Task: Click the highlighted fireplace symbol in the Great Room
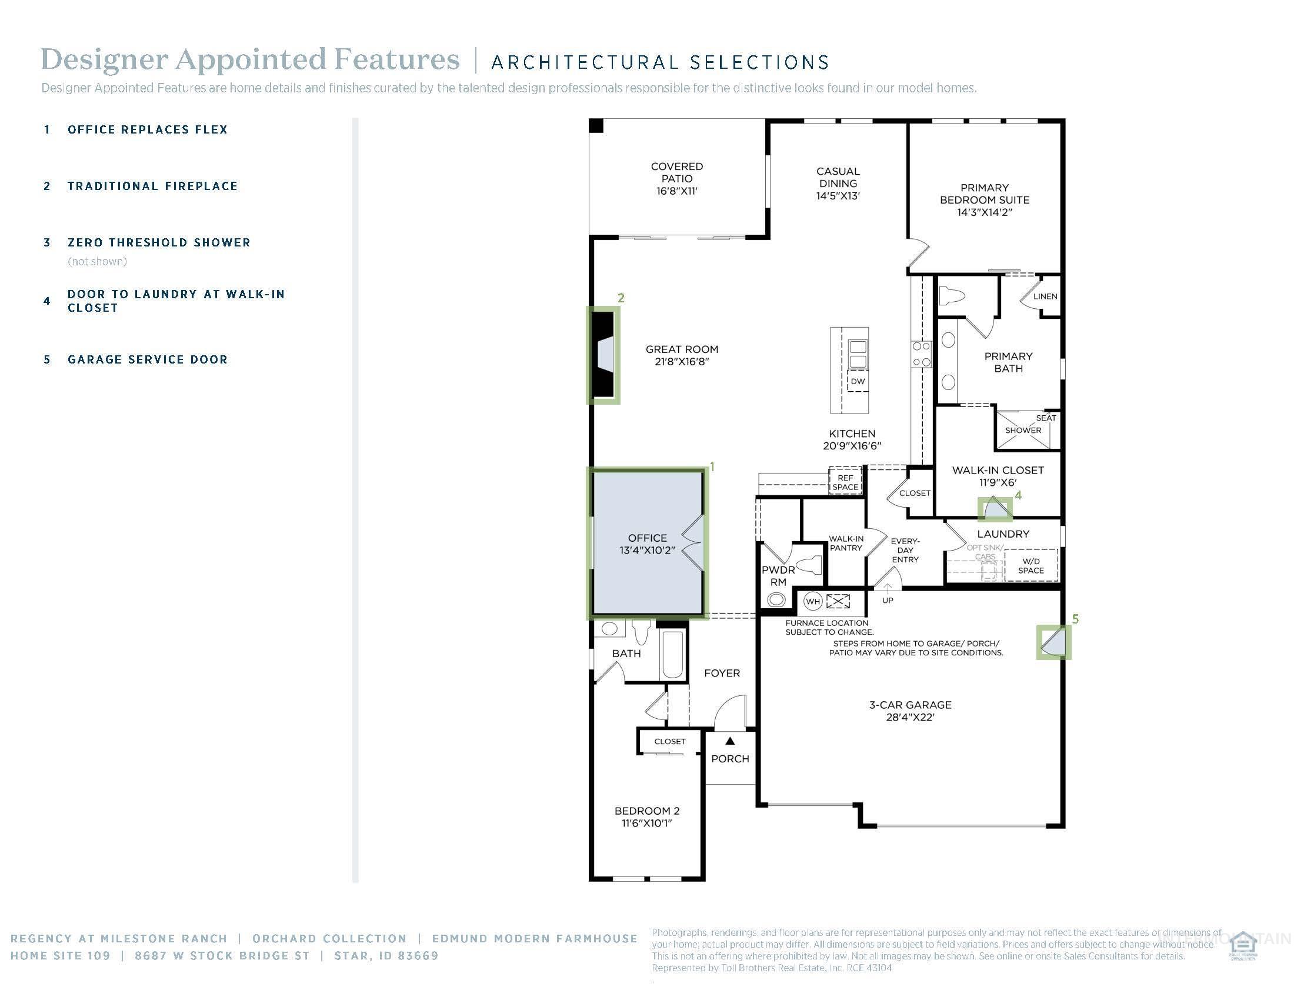(603, 355)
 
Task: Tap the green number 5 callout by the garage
(1075, 619)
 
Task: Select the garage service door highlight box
(1054, 642)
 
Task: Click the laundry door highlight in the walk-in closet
(995, 508)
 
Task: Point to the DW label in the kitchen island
(858, 382)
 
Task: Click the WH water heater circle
(813, 602)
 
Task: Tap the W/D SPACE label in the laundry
(1031, 566)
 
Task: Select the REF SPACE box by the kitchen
(845, 482)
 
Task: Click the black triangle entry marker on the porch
(730, 741)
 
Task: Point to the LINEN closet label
(1045, 296)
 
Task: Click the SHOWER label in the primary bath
(1023, 430)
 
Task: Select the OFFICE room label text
(647, 538)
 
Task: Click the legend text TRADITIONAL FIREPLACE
(152, 186)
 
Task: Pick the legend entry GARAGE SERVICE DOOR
(148, 359)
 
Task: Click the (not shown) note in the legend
(97, 261)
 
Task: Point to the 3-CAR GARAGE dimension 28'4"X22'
(910, 718)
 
